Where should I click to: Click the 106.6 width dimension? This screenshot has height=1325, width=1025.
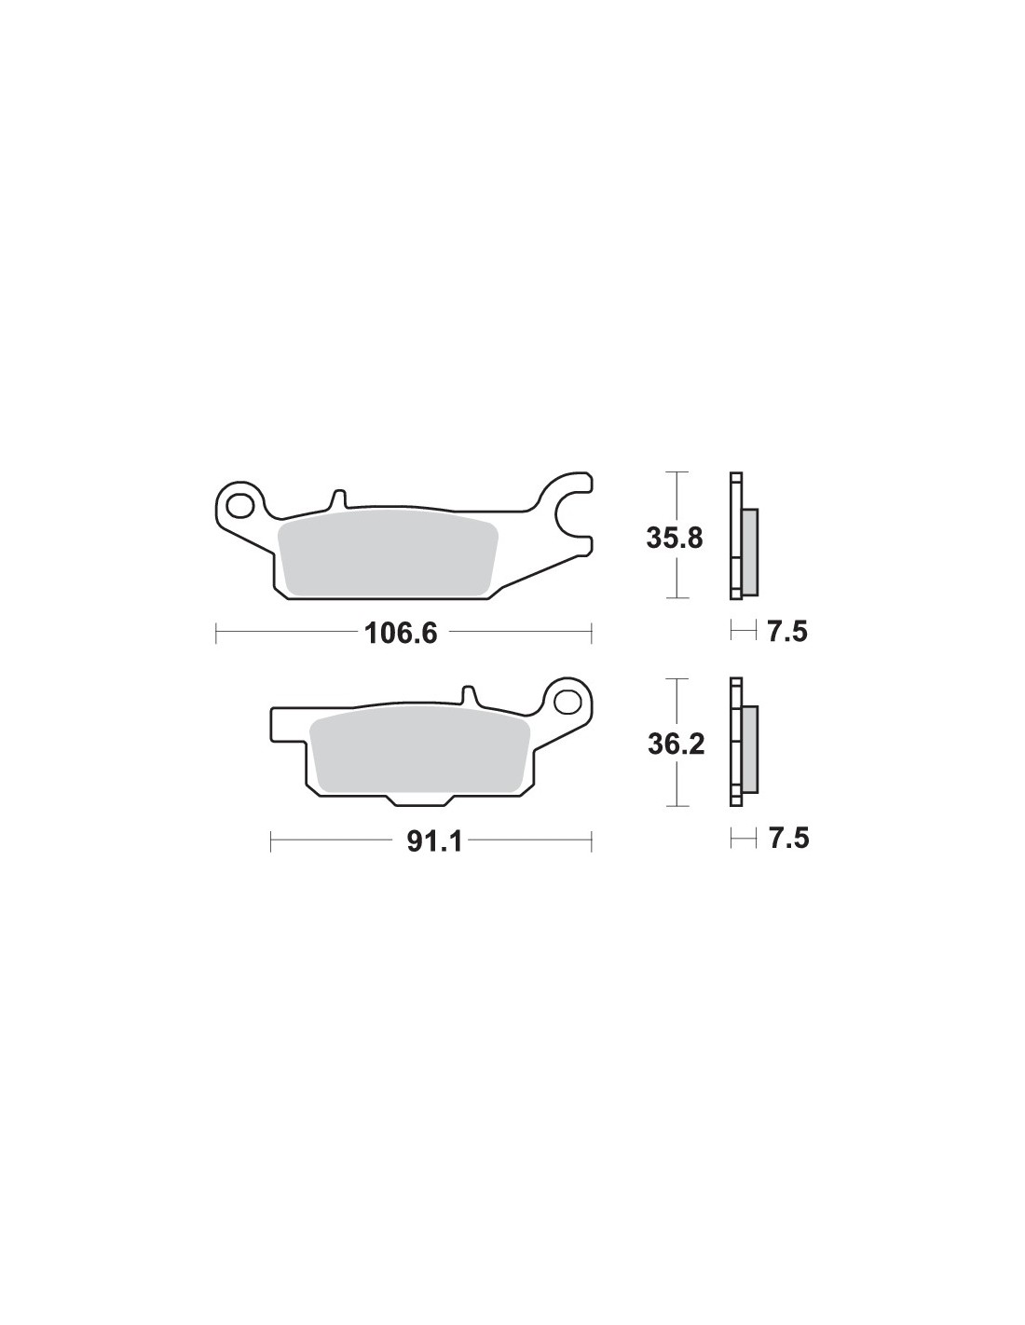(401, 635)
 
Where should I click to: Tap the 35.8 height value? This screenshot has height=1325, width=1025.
(675, 539)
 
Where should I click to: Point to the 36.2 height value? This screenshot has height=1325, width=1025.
(676, 744)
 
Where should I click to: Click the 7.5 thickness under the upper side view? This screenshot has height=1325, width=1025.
(787, 633)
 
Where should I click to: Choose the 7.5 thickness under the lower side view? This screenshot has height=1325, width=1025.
(788, 839)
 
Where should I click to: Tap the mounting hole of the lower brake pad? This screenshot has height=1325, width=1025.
(568, 701)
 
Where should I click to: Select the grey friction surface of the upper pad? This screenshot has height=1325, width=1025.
(388, 548)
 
